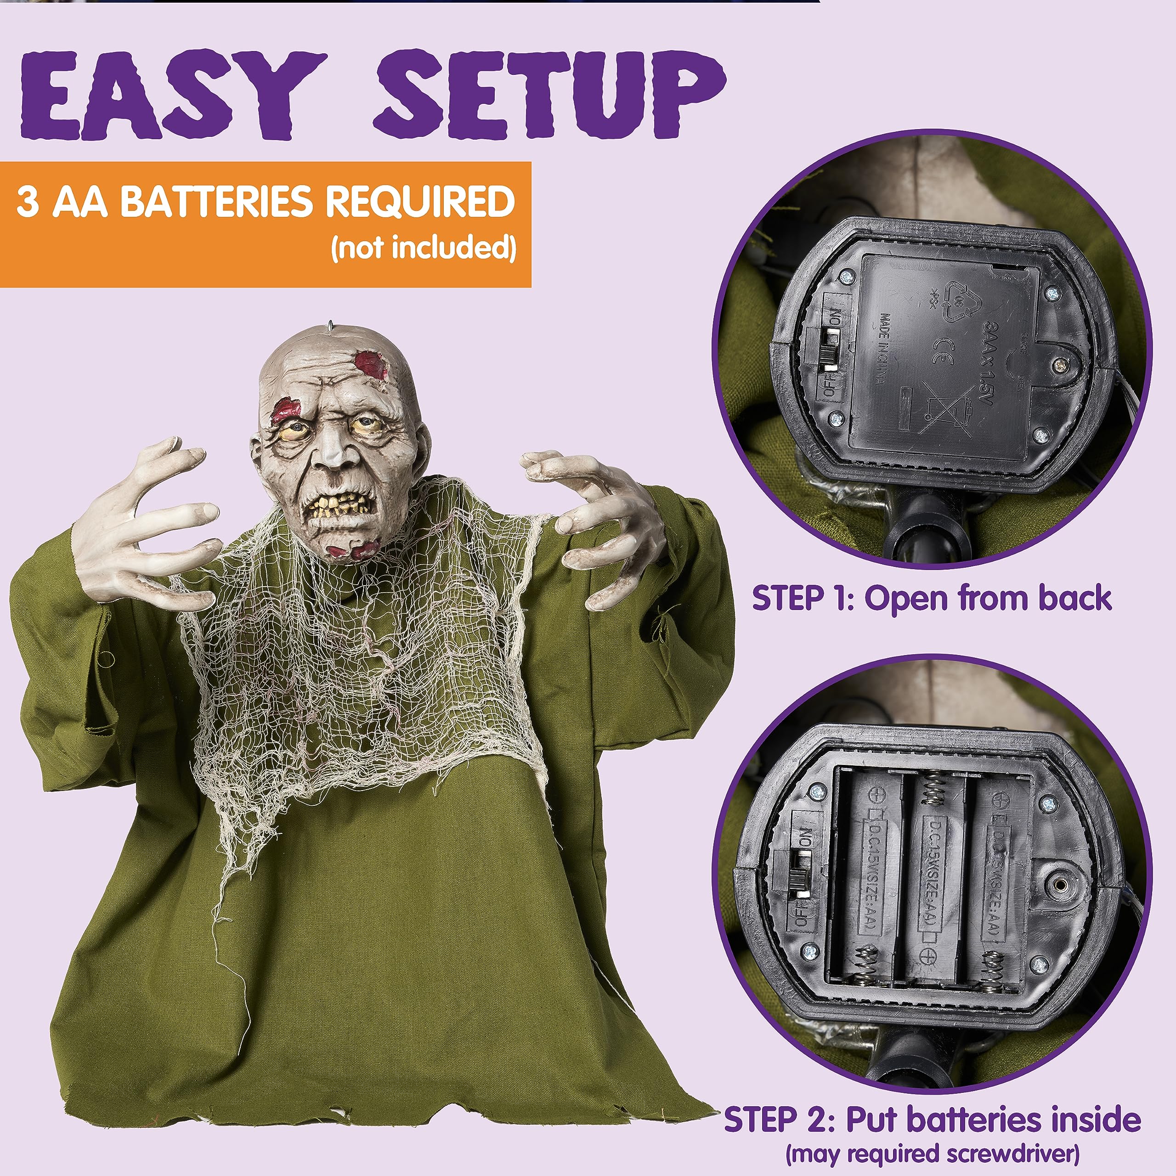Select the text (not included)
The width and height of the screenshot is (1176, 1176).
tap(423, 248)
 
